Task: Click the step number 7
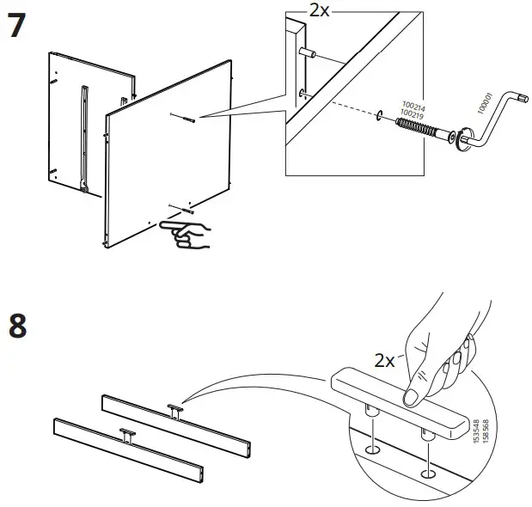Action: pyautogui.click(x=19, y=27)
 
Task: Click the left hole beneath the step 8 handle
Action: pyautogui.click(x=373, y=449)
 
